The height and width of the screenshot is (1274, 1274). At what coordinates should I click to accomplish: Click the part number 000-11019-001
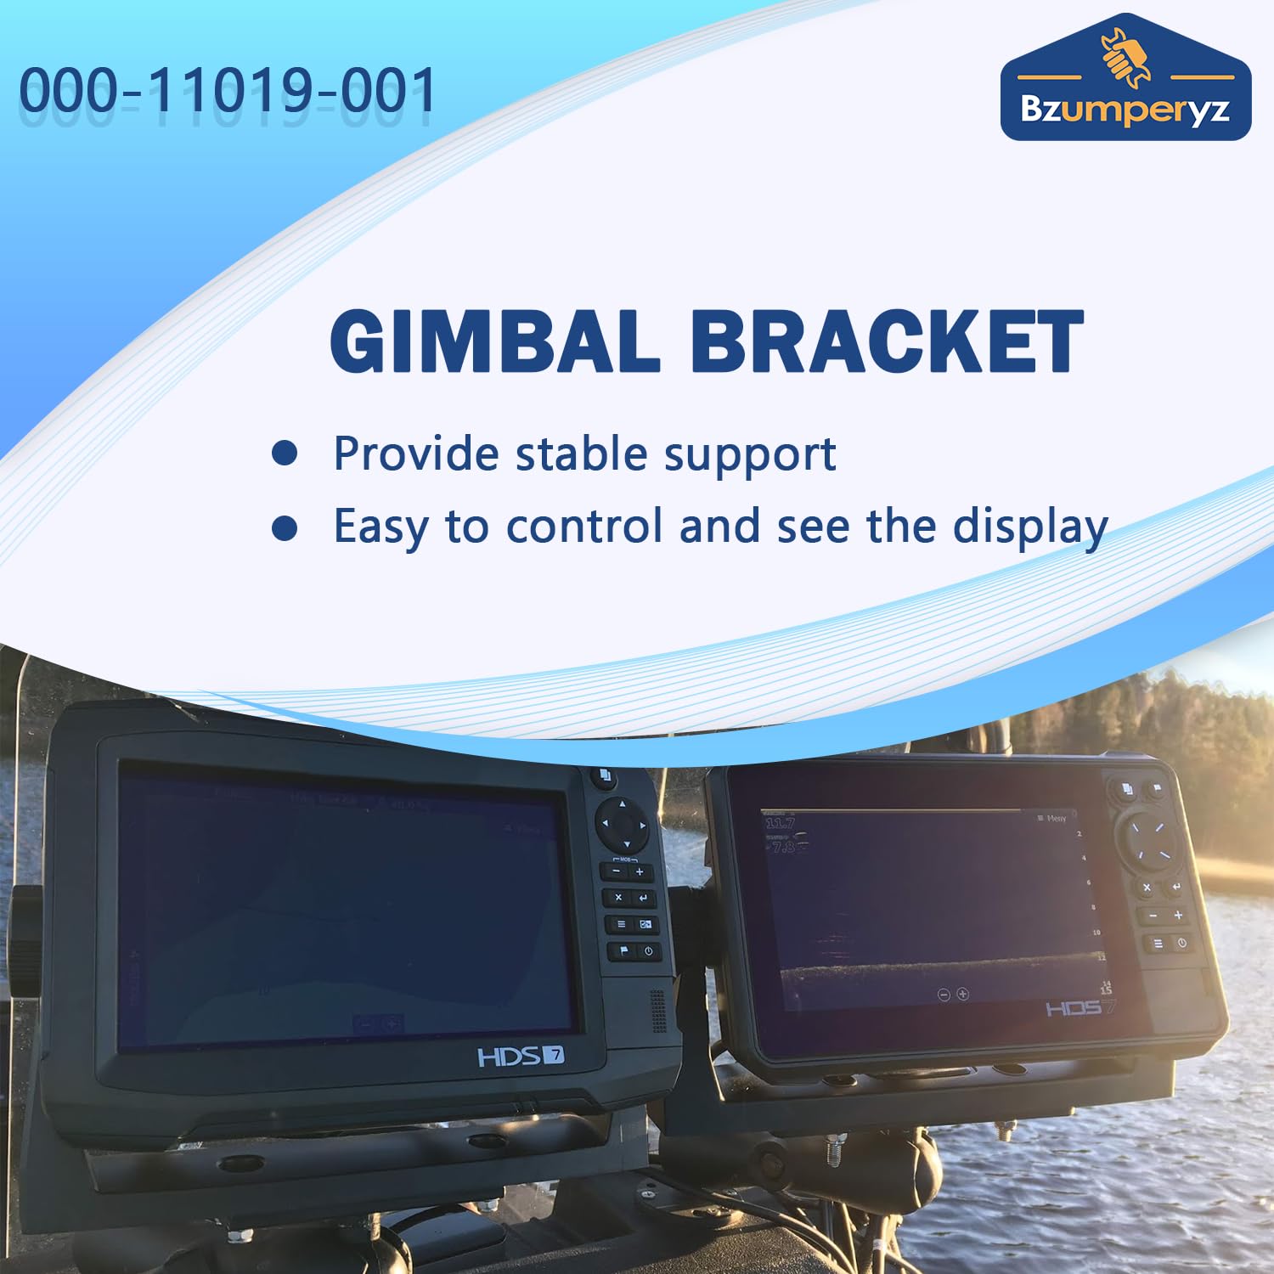point(228,90)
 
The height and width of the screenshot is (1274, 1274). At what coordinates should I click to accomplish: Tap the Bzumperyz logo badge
point(1125,81)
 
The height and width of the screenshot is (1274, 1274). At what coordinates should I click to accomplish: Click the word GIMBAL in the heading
point(494,341)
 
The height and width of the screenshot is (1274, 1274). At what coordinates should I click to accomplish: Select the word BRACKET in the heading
point(887,341)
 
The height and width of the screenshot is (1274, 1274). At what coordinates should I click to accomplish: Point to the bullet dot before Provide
point(285,454)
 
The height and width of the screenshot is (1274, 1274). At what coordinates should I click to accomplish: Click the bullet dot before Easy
point(285,527)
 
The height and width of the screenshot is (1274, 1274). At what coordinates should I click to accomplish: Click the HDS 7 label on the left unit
point(521,1057)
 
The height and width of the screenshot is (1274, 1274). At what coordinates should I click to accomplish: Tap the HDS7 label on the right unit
point(1080,1008)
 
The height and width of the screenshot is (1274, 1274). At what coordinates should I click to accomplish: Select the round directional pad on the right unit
point(1153,840)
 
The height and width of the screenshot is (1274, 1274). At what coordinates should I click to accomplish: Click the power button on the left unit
point(648,951)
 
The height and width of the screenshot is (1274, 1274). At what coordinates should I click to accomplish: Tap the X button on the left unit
point(617,898)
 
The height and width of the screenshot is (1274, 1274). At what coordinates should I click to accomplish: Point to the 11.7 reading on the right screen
point(780,823)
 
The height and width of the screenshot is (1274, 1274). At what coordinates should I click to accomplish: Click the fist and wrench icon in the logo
point(1125,56)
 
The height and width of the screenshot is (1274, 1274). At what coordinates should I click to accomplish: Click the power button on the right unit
point(1181,943)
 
